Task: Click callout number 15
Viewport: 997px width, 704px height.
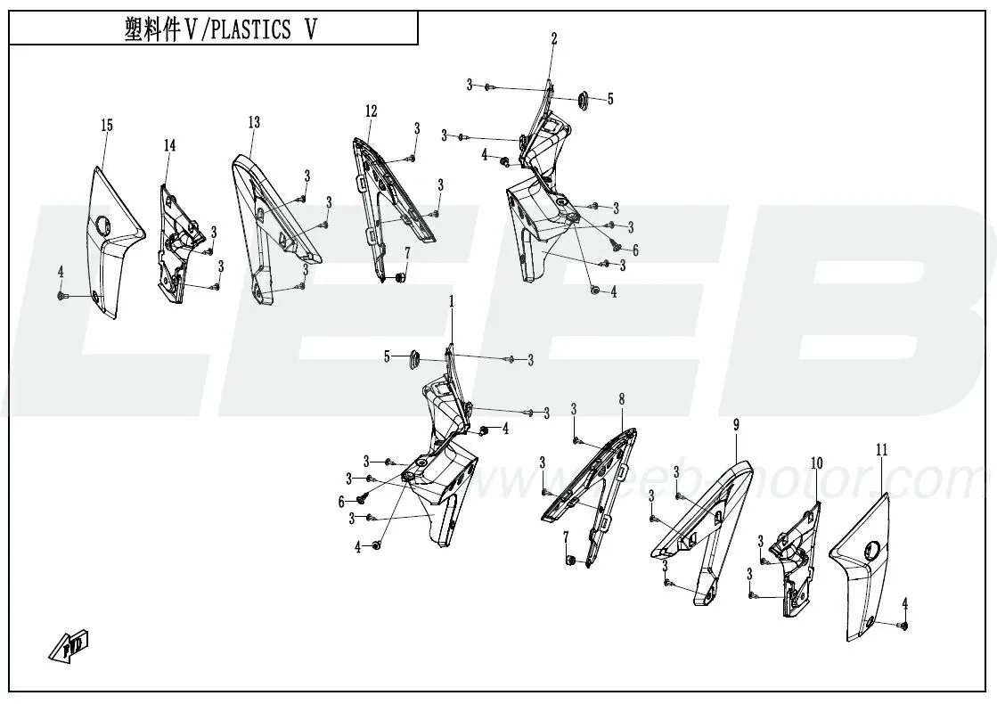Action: pyautogui.click(x=107, y=126)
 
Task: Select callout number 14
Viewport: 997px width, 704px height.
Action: pyautogui.click(x=169, y=145)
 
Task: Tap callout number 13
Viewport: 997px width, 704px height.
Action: pyautogui.click(x=254, y=122)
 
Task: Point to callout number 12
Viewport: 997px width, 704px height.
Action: pyautogui.click(x=371, y=111)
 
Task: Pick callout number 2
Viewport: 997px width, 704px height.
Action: pyautogui.click(x=554, y=38)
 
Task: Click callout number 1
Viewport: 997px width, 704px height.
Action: pyautogui.click(x=452, y=302)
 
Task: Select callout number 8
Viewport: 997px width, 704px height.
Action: pyautogui.click(x=621, y=400)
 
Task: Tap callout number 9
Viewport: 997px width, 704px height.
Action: pyautogui.click(x=736, y=425)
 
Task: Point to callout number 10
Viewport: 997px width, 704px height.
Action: pyautogui.click(x=816, y=463)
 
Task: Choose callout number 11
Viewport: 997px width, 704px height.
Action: pyautogui.click(x=882, y=451)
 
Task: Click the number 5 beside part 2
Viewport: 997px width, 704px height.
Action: pyautogui.click(x=610, y=99)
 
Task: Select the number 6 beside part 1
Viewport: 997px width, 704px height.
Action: pyautogui.click(x=341, y=502)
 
